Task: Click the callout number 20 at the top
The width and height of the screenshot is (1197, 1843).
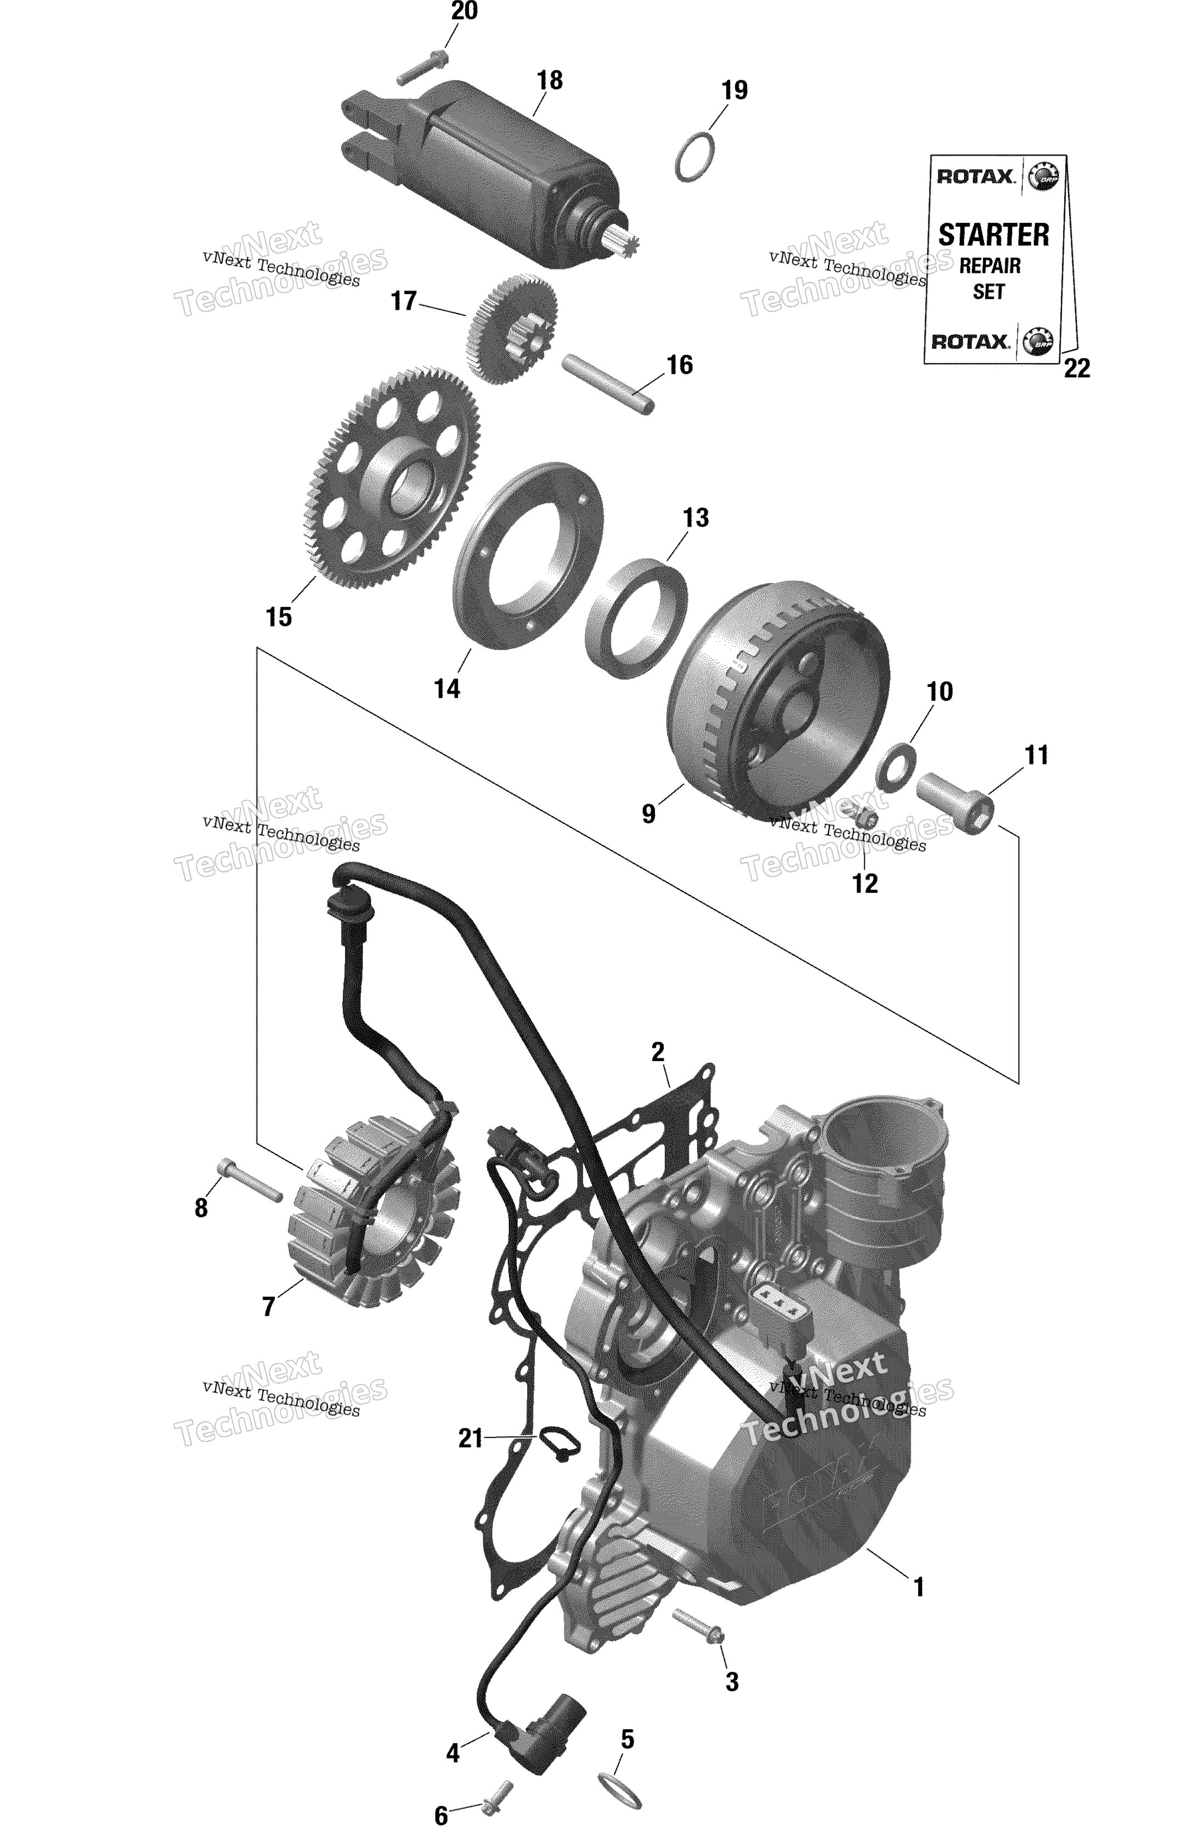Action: pos(465,12)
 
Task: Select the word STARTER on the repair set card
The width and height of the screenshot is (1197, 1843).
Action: pos(993,234)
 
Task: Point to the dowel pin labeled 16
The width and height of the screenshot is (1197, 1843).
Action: pos(608,384)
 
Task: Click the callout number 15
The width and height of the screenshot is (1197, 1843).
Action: pos(279,617)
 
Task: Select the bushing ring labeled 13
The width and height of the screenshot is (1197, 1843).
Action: pos(636,617)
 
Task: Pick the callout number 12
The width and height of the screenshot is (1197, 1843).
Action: pos(865,884)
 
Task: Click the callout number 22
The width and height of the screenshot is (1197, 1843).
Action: pos(1076,368)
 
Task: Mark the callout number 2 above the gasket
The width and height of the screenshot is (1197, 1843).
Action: pos(657,1052)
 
